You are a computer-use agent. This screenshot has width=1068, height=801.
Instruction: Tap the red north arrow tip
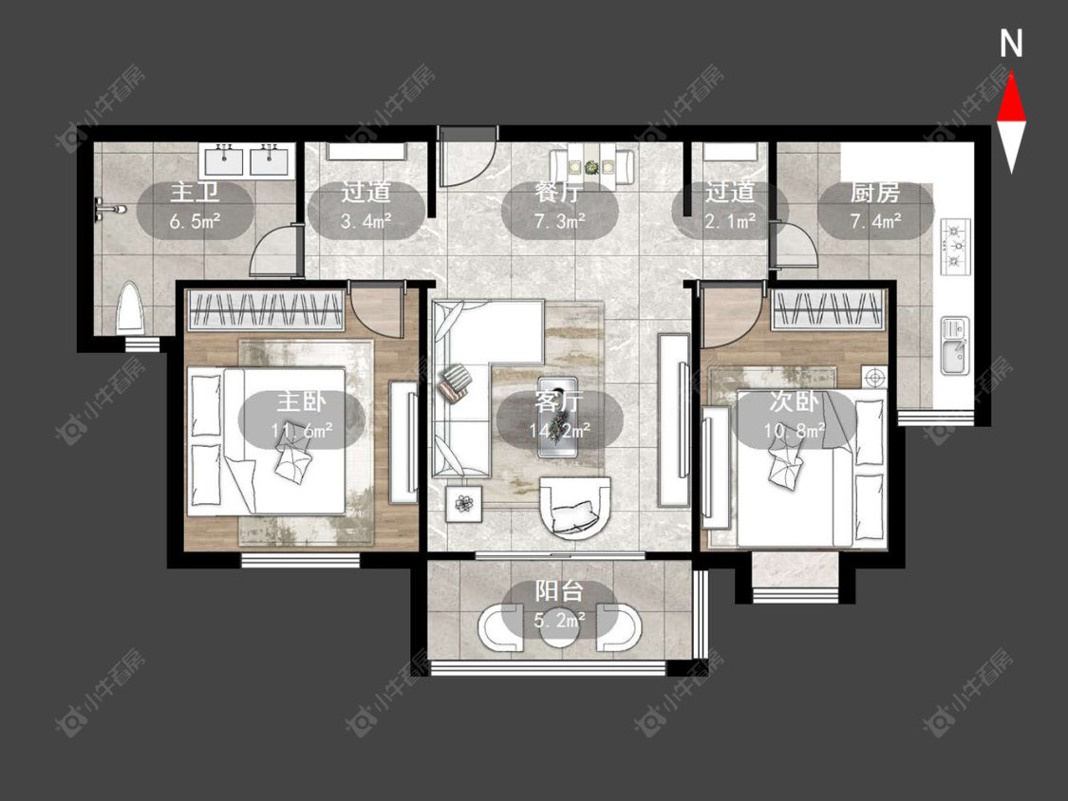(1011, 74)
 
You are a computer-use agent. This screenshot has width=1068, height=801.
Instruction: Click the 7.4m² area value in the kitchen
(876, 221)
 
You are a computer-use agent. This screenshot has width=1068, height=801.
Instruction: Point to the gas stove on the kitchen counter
(956, 247)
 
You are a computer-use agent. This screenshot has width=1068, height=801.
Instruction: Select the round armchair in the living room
(575, 508)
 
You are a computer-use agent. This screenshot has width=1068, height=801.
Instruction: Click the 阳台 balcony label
(559, 591)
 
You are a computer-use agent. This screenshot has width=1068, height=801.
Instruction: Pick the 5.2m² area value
(559, 621)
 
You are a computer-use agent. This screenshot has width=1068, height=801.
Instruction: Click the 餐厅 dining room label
(559, 193)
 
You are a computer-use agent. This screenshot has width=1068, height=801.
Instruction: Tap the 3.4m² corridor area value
(365, 221)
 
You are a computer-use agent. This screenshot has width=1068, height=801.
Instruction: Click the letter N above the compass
(1011, 45)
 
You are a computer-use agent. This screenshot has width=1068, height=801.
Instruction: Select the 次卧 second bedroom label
(794, 401)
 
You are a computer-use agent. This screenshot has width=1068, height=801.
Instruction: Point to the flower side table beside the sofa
(464, 503)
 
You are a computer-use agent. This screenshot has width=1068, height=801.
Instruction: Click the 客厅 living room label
(559, 401)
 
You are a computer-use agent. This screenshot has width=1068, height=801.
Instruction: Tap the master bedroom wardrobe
(267, 310)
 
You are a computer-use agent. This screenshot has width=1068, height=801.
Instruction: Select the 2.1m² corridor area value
(730, 221)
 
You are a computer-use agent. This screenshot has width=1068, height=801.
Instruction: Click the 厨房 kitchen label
(875, 193)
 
